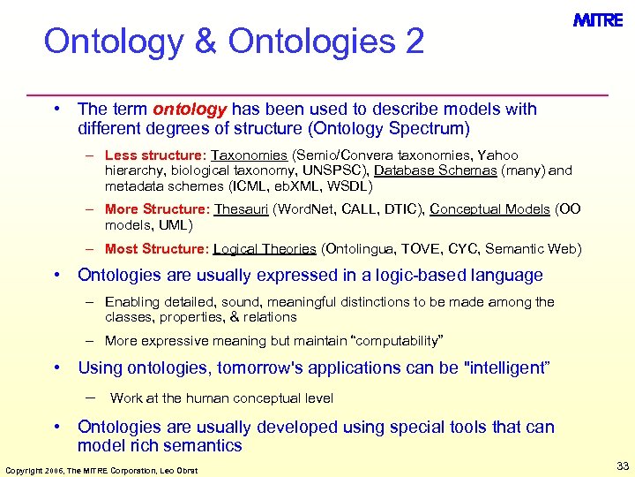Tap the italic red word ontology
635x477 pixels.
[x=190, y=110]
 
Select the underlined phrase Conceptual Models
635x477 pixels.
[x=489, y=209]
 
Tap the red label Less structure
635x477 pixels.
[x=153, y=155]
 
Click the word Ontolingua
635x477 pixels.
[x=358, y=249]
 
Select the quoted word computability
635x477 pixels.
[x=382, y=341]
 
